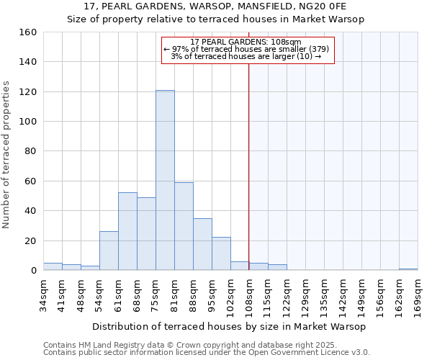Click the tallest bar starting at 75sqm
point(165,180)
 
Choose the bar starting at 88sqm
point(202,244)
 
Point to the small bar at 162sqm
point(408,269)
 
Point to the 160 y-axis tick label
point(28,32)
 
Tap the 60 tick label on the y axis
point(31,181)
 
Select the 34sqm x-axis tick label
point(43,295)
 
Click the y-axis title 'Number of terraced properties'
point(7,155)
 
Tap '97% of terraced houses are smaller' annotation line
point(247,49)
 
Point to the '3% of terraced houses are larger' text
point(246,56)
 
